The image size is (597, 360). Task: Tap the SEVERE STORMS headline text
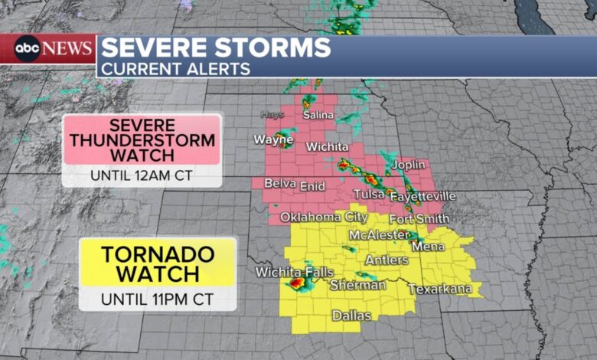point(217,48)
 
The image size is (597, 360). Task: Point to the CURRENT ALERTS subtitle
point(176,69)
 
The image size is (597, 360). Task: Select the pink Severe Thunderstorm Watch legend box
point(142,139)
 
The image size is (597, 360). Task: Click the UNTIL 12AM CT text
point(142,175)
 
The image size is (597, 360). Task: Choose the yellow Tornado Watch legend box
point(158,263)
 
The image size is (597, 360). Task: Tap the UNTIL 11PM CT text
point(158,298)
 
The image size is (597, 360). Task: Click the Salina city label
point(318,115)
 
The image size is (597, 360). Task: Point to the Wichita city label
point(327,146)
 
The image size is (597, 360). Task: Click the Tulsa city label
point(368,195)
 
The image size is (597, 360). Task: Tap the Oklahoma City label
point(324,218)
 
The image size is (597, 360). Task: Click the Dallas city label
point(351,316)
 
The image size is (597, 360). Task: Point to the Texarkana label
point(439,290)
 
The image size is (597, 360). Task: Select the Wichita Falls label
point(295,273)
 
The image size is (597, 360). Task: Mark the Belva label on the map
point(279,184)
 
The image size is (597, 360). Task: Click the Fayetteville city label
point(422,197)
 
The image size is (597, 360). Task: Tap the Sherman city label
point(357,285)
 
